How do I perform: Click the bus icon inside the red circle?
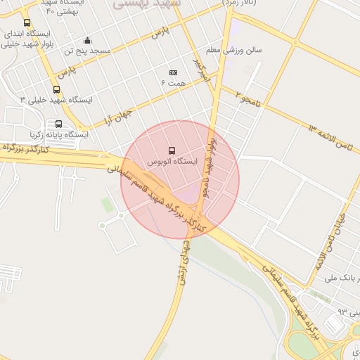tap(172, 150)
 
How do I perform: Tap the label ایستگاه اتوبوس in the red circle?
tap(172, 162)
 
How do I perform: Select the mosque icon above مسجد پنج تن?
tap(87, 40)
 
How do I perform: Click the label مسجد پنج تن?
tap(88, 51)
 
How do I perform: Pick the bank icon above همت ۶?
tap(173, 72)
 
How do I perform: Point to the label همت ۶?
tap(173, 83)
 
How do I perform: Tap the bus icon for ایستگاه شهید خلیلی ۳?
tap(56, 89)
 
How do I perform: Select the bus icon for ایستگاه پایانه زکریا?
tap(58, 124)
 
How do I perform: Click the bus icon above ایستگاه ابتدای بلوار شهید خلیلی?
tap(27, 22)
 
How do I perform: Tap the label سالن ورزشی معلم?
tap(234, 51)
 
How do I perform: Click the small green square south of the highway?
tap(107, 204)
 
